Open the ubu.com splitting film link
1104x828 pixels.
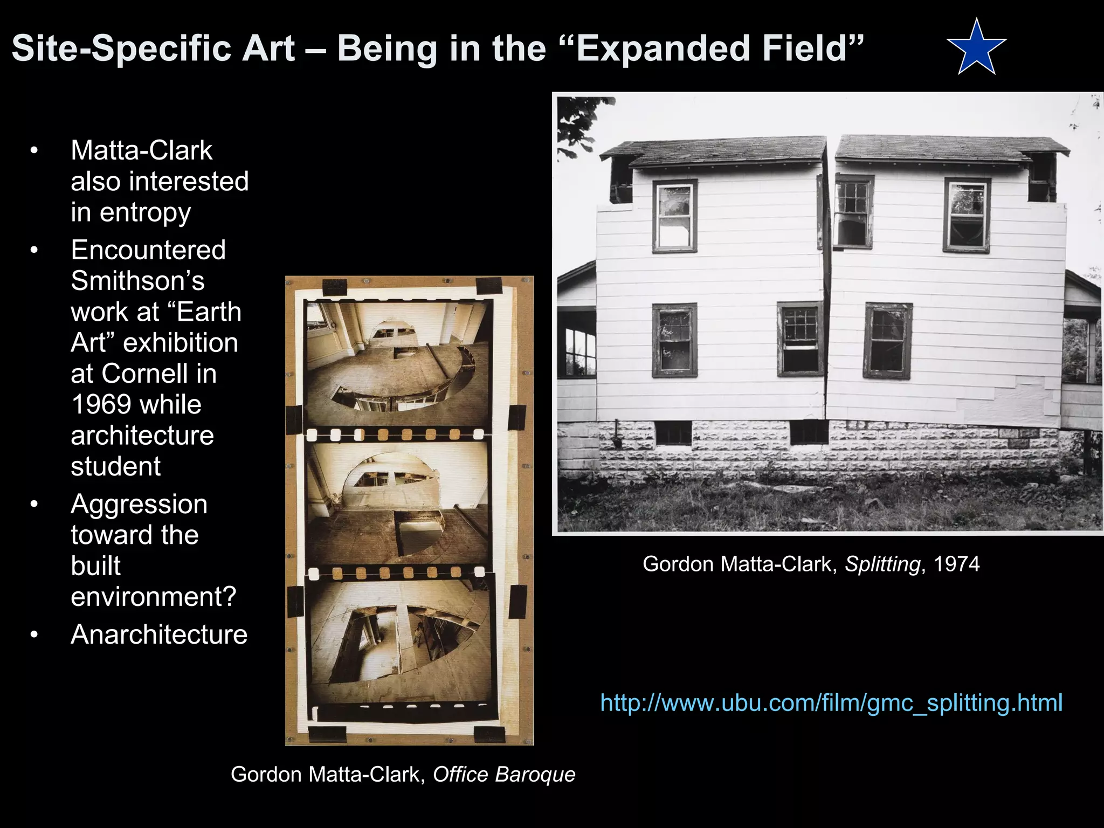pyautogui.click(x=831, y=703)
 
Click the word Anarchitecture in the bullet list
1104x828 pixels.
pyautogui.click(x=159, y=634)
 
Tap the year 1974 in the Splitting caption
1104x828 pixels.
pyautogui.click(x=956, y=564)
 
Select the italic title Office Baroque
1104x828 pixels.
pyautogui.click(x=504, y=774)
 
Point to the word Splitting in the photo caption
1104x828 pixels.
pyautogui.click(x=882, y=564)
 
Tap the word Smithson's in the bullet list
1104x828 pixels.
pyautogui.click(x=137, y=281)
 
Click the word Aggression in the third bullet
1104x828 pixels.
pyautogui.click(x=139, y=505)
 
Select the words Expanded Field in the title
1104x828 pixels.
pyautogui.click(x=713, y=49)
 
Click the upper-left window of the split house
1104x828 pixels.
pyautogui.click(x=674, y=216)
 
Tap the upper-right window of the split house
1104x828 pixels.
pyautogui.click(x=967, y=216)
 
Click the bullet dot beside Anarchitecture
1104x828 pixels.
pyautogui.click(x=34, y=634)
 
